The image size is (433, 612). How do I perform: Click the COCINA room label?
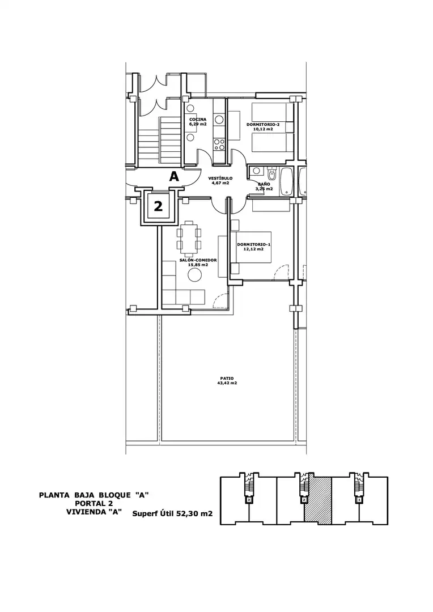pyautogui.click(x=198, y=120)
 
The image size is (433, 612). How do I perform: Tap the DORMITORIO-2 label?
pyautogui.click(x=263, y=125)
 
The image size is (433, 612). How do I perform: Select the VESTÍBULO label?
pyautogui.click(x=220, y=178)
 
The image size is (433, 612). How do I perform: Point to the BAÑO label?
pyautogui.click(x=264, y=184)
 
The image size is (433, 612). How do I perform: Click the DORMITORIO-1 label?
pyautogui.click(x=254, y=245)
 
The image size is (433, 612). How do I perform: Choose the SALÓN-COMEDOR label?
pyautogui.click(x=198, y=260)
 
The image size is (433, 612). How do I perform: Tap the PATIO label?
pyautogui.click(x=227, y=378)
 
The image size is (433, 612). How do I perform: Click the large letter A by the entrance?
pyautogui.click(x=174, y=177)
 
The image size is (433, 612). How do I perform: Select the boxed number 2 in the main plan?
pyautogui.click(x=158, y=206)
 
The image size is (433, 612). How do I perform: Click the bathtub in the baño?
pyautogui.click(x=286, y=181)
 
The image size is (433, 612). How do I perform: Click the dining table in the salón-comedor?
pyautogui.click(x=189, y=235)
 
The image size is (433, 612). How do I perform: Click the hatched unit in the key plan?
pyautogui.click(x=317, y=500)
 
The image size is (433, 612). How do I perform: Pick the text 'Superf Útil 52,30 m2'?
pyautogui.click(x=172, y=513)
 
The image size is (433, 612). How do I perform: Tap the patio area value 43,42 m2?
pyautogui.click(x=227, y=383)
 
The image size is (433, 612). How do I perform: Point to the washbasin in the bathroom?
pyautogui.click(x=256, y=170)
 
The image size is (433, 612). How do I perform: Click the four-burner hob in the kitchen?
pyautogui.click(x=219, y=145)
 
